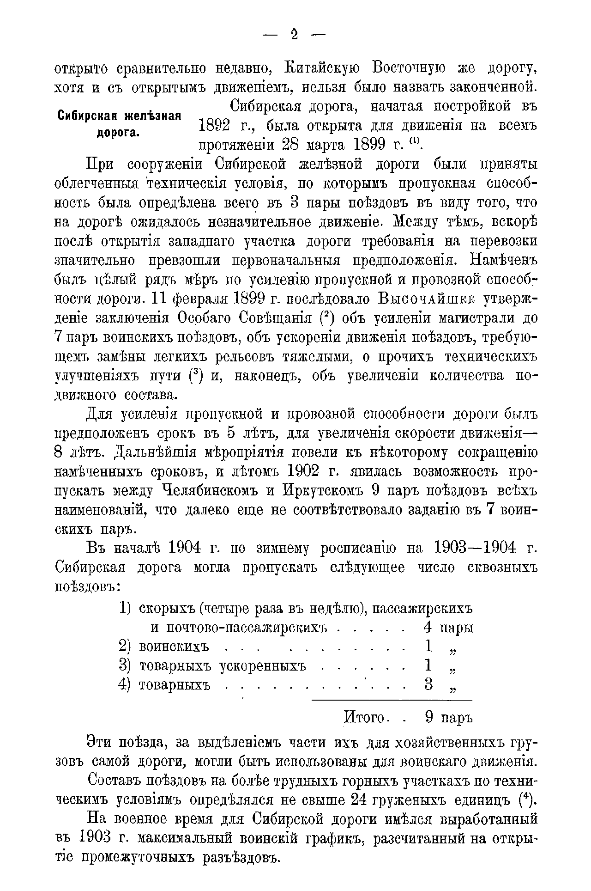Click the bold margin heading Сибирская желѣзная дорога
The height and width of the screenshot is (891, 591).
click(x=119, y=123)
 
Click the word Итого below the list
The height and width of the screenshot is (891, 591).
click(x=365, y=718)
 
